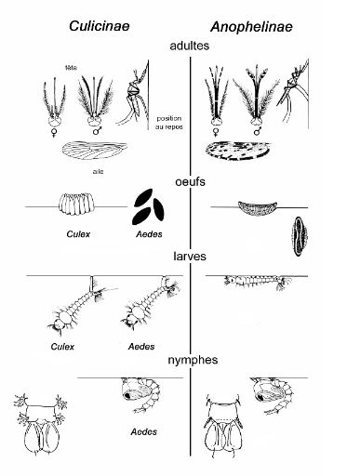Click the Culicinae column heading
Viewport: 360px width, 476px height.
tap(100, 26)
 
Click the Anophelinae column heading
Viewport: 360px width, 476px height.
tap(251, 27)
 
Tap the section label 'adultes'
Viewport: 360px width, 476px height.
tap(190, 46)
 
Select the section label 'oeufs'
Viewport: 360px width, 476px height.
tap(190, 181)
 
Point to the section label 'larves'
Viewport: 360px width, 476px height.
tap(190, 257)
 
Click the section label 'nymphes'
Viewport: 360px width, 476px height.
tap(193, 360)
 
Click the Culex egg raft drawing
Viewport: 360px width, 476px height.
tap(76, 204)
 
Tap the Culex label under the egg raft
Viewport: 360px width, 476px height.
tap(78, 234)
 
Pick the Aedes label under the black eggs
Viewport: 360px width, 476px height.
tap(149, 234)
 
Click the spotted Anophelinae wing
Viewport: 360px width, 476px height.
tap(238, 150)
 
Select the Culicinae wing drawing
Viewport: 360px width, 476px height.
tap(95, 152)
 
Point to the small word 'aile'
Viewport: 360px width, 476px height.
tap(98, 171)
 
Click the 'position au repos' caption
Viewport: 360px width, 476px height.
tap(169, 123)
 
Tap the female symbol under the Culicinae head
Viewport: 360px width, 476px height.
tap(54, 132)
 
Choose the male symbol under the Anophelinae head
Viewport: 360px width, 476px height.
tap(257, 131)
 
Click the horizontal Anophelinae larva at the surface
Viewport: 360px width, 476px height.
tap(258, 282)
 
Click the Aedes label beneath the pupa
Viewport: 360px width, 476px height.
tap(144, 431)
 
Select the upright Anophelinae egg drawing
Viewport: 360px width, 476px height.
tap(299, 236)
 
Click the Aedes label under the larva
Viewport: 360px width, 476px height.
tap(141, 347)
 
